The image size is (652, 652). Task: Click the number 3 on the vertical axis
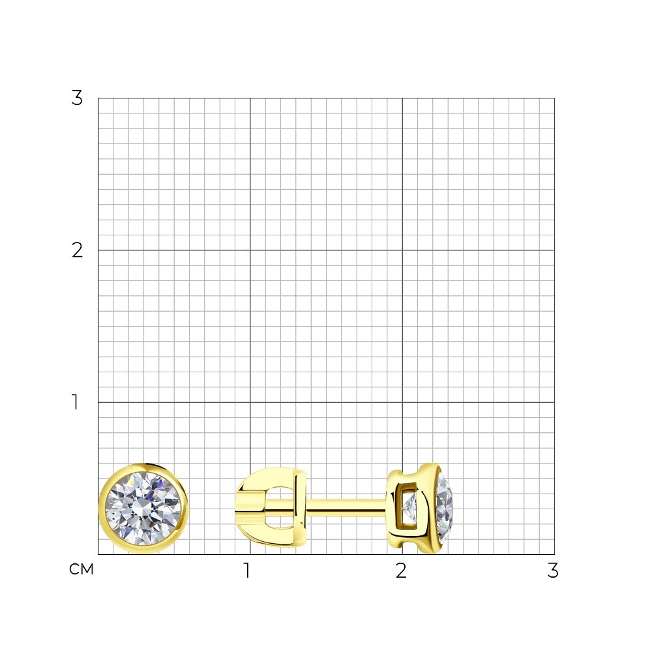tap(77, 98)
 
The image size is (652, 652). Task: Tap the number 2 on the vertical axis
tap(77, 250)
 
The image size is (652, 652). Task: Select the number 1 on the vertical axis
tap(75, 402)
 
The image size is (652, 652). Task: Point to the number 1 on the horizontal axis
tap(247, 570)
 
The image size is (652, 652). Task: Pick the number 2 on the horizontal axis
tap(401, 570)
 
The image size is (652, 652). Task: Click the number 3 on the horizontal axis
tap(553, 570)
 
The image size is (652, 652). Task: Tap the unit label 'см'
tap(81, 570)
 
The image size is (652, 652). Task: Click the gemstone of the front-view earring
tap(143, 509)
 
